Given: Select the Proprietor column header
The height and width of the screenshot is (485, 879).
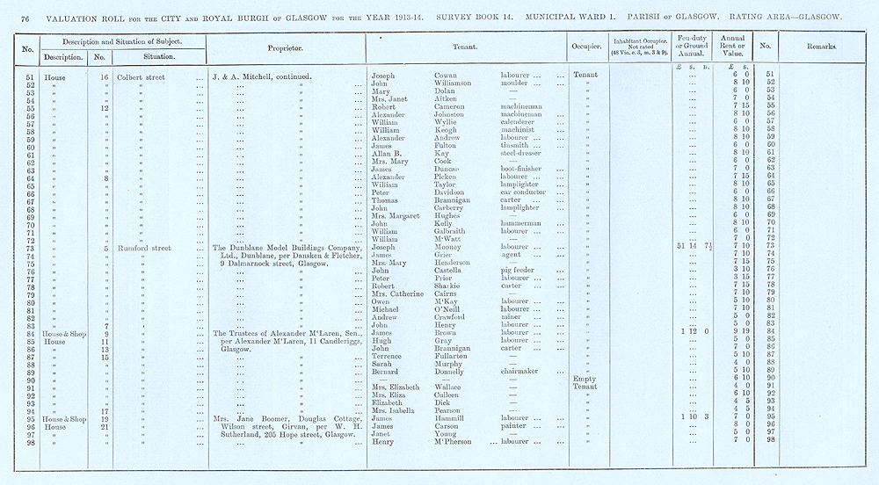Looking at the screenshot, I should click(x=286, y=48).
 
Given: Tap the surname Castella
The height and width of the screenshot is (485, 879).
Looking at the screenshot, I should click(x=453, y=271).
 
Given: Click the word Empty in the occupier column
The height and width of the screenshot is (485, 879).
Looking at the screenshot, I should click(x=584, y=380).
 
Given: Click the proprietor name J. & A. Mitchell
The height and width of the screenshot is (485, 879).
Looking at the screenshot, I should click(x=250, y=76).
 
